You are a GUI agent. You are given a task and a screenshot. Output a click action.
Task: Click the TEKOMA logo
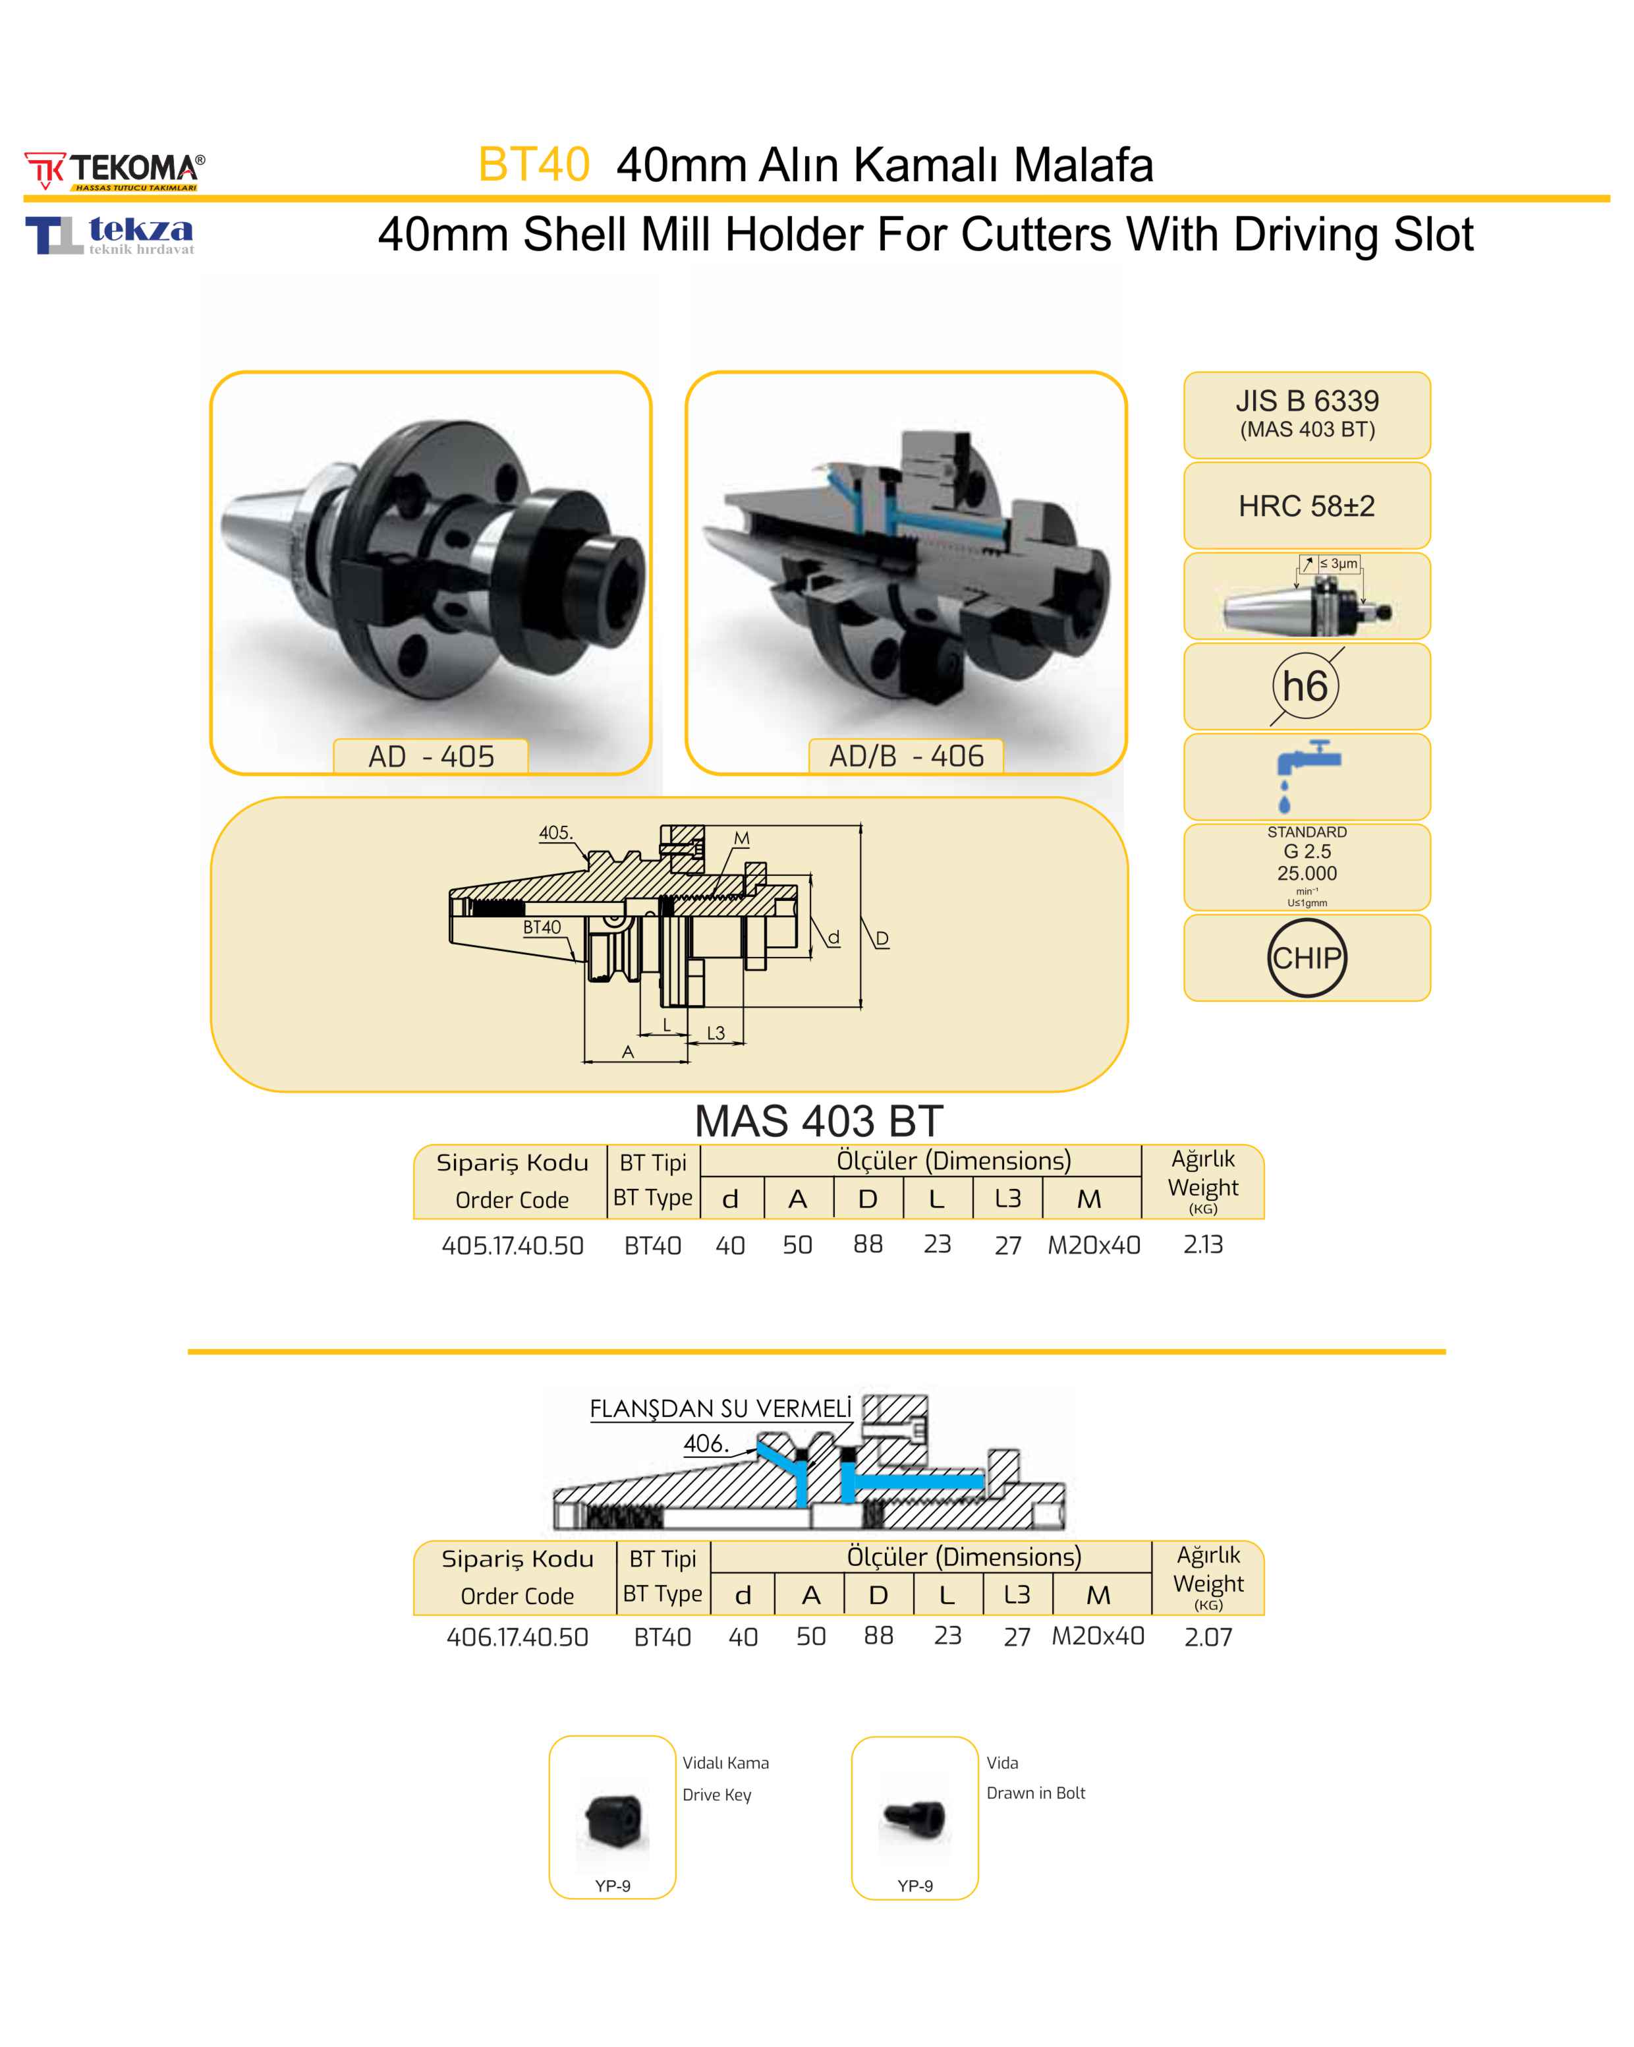(x=114, y=171)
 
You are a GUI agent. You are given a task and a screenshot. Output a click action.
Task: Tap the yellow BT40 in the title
(x=534, y=164)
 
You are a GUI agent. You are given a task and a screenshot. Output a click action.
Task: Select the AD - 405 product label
(x=430, y=757)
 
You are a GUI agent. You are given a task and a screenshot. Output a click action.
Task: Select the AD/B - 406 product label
(x=906, y=757)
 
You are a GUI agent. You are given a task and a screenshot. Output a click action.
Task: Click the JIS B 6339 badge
(x=1307, y=415)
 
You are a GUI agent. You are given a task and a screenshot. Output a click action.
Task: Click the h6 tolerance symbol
(x=1305, y=685)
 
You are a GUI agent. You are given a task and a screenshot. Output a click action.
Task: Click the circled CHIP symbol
(x=1307, y=958)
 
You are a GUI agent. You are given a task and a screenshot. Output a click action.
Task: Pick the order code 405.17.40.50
(x=513, y=1246)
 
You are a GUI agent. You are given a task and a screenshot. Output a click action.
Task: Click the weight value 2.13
(x=1203, y=1245)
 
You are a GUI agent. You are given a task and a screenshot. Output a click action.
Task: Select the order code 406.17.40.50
(x=517, y=1637)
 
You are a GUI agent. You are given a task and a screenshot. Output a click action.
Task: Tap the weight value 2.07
(x=1208, y=1637)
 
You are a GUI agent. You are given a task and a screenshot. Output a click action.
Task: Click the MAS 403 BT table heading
(x=818, y=1121)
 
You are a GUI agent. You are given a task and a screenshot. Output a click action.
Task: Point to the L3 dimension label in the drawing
(x=716, y=1033)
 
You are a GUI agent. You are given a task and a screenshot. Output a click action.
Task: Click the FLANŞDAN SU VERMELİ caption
(x=721, y=1409)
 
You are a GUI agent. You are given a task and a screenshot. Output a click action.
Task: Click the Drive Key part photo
(x=612, y=1820)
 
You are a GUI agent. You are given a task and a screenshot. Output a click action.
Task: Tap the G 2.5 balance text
(x=1307, y=851)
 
